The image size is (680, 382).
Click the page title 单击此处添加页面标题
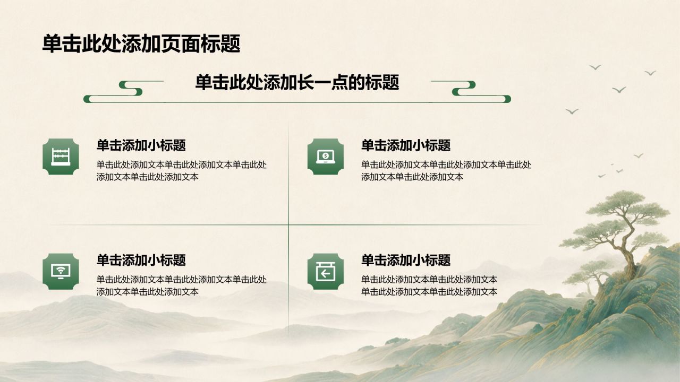141,44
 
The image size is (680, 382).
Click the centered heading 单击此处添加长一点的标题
297,82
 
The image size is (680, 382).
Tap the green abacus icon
61,157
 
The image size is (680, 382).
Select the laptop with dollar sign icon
326,157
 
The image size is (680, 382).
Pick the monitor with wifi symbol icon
61,271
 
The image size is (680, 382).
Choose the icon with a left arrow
326,271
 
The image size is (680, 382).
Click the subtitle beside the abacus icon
141,145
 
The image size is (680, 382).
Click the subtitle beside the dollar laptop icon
406,145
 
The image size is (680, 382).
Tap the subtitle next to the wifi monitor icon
141,260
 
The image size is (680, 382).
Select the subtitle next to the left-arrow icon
406,260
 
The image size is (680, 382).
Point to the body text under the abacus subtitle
182,171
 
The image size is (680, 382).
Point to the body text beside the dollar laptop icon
446,171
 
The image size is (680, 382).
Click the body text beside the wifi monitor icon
182,285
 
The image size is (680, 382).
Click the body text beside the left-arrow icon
429,285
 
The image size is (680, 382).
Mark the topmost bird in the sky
595,67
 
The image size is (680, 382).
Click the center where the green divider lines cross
288,224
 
